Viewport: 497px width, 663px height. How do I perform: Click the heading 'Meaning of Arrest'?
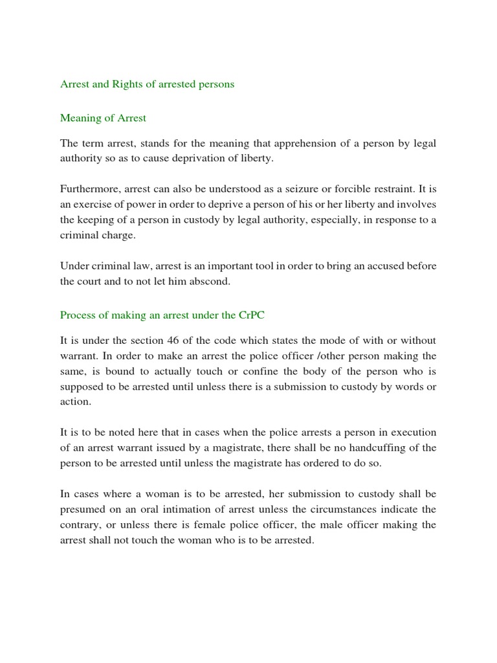pyautogui.click(x=103, y=118)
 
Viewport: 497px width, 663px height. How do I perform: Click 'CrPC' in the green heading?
pyautogui.click(x=252, y=315)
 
